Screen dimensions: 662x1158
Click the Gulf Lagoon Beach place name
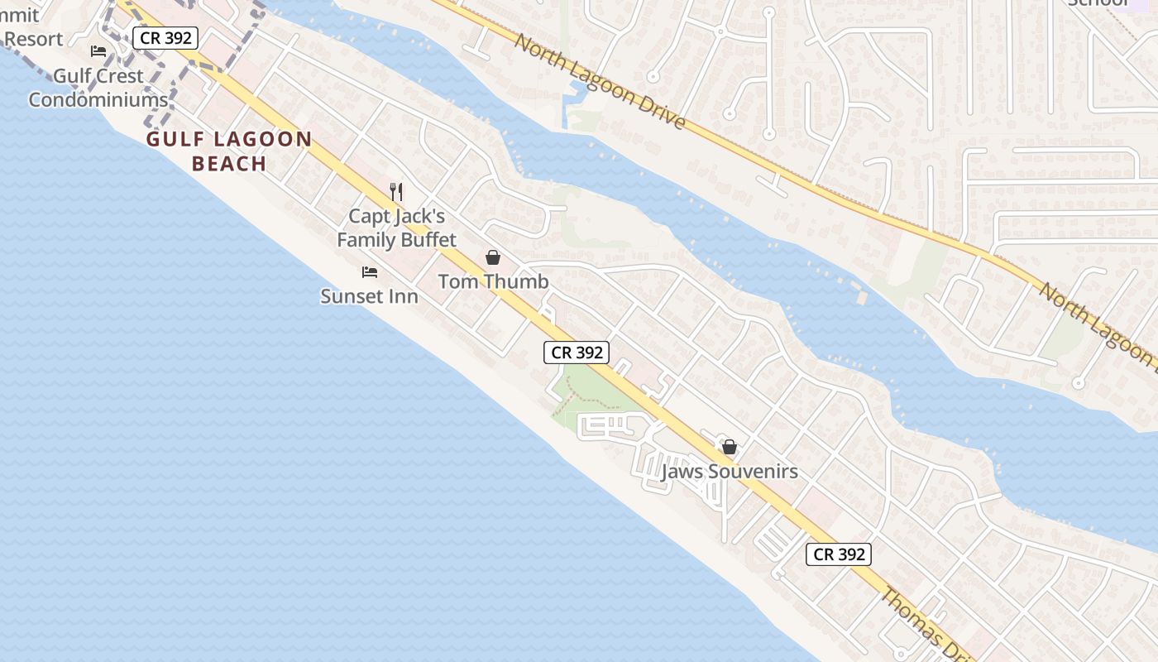point(229,151)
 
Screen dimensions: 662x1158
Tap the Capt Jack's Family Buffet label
point(396,228)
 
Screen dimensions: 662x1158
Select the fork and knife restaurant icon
point(396,192)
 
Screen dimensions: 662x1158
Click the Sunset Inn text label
point(369,296)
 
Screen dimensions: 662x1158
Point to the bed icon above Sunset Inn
point(370,271)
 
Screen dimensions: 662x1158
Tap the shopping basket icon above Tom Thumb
point(493,257)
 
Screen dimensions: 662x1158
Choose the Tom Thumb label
point(493,282)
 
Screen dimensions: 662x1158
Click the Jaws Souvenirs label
point(730,473)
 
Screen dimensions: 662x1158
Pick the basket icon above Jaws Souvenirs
point(730,447)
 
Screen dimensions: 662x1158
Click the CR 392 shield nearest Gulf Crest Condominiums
point(165,38)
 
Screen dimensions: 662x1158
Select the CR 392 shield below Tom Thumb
point(577,353)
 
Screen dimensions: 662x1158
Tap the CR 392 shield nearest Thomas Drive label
point(839,554)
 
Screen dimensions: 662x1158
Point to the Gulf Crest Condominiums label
point(98,88)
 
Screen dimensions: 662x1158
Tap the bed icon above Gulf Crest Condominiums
point(98,51)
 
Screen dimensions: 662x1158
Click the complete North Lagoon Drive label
point(600,81)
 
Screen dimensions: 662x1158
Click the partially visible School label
point(1099,3)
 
